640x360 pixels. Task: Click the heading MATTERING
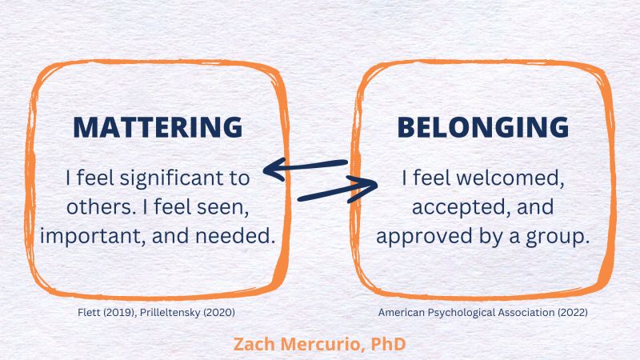click(158, 127)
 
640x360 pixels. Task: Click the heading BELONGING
click(483, 127)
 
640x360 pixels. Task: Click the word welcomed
click(510, 178)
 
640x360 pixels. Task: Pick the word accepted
click(462, 208)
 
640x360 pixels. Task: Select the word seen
click(223, 208)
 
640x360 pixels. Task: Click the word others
click(101, 207)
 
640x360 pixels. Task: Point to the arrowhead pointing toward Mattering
click(274, 169)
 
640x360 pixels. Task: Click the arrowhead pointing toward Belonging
click(366, 188)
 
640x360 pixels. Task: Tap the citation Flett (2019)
click(106, 313)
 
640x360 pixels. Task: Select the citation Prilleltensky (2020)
click(187, 313)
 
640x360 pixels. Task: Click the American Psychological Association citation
click(483, 313)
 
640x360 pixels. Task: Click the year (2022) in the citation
click(573, 313)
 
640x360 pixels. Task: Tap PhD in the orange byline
click(388, 344)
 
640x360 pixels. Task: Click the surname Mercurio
click(322, 344)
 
